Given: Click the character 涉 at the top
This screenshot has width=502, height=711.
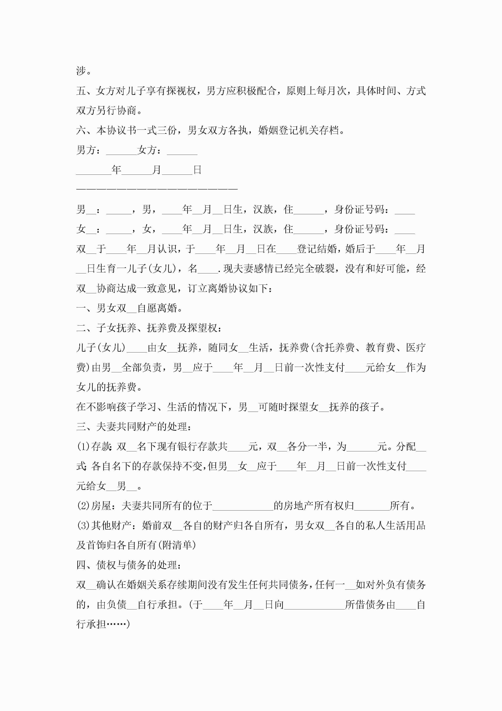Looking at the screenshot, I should [x=81, y=71].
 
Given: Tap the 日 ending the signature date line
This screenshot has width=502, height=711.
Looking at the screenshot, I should [x=197, y=170].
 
